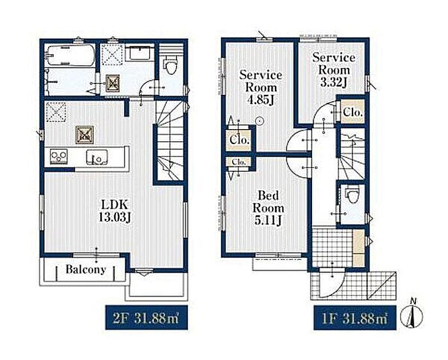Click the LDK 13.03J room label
click(x=114, y=211)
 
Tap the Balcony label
click(x=86, y=270)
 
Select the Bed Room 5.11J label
click(x=268, y=208)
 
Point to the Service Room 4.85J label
click(x=261, y=87)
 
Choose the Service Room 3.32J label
click(x=334, y=70)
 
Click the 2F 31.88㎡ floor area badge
click(x=146, y=318)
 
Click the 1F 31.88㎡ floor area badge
click(x=355, y=318)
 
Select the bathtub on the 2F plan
click(x=70, y=55)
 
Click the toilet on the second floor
click(x=171, y=65)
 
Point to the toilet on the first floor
click(x=352, y=195)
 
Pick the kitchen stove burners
click(x=58, y=157)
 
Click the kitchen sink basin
click(x=97, y=158)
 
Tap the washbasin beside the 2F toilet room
click(x=140, y=53)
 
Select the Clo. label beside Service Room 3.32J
click(x=353, y=112)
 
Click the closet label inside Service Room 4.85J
click(x=239, y=140)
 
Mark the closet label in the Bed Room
click(x=239, y=162)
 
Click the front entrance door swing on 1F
click(x=332, y=282)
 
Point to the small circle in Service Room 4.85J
click(x=259, y=121)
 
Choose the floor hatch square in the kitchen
click(x=85, y=135)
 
